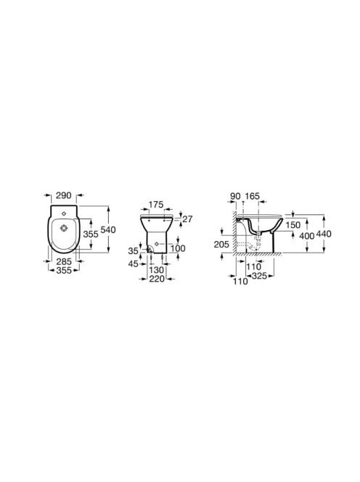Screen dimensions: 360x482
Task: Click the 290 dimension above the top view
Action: [64, 195]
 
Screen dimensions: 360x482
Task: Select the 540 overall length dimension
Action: [108, 229]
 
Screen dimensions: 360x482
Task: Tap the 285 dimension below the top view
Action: [64, 261]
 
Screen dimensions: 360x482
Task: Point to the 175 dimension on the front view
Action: [156, 205]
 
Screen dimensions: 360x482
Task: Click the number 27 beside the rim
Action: [187, 219]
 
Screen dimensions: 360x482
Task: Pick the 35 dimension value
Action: [133, 251]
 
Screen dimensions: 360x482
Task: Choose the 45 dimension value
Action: [133, 264]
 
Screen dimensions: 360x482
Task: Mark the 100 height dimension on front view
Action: [178, 248]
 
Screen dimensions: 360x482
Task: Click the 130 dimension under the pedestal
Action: [157, 270]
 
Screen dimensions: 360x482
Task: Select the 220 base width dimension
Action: [157, 279]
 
